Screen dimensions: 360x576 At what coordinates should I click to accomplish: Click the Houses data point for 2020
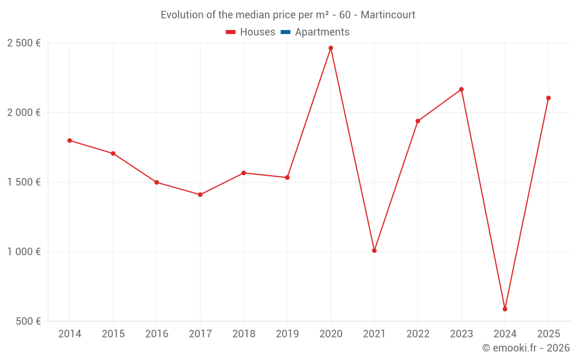(331, 48)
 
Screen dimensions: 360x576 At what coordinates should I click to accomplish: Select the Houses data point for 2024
(505, 309)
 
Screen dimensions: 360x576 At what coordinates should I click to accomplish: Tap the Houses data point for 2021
(374, 251)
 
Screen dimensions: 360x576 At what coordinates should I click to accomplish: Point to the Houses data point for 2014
(70, 141)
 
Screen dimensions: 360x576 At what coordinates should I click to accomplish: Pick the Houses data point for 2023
(461, 89)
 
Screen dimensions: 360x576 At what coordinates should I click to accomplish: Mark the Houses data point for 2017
(200, 195)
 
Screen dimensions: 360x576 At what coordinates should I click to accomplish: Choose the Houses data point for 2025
(548, 98)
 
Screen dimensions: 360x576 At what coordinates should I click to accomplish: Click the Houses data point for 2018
(244, 173)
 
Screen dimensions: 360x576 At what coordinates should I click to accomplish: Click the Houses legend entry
(251, 32)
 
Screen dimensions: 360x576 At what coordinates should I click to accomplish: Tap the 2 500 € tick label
(24, 43)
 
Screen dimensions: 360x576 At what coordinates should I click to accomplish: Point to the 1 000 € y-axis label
(24, 252)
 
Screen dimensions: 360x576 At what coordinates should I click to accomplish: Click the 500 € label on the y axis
(28, 321)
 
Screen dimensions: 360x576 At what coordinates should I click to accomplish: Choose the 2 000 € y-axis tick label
(24, 113)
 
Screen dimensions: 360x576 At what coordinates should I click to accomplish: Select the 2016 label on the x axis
(157, 334)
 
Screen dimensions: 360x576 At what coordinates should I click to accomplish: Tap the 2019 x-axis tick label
(287, 334)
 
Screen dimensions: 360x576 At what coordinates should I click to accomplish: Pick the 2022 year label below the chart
(418, 334)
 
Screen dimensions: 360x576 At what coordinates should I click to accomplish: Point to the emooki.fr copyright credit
(526, 348)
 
